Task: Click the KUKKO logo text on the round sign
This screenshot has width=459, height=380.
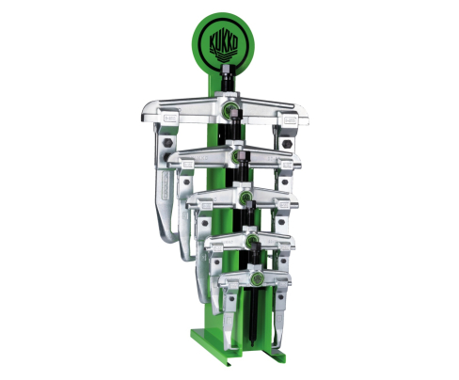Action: pos(223,42)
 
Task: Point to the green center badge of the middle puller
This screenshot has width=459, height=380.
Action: pos(245,197)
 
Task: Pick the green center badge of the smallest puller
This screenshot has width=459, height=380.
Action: pos(257,278)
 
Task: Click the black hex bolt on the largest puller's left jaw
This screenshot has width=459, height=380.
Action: pos(168,143)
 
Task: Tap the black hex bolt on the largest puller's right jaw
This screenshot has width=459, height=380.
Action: pos(287,144)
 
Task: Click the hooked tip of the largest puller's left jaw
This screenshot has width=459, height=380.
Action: pos(171,237)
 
